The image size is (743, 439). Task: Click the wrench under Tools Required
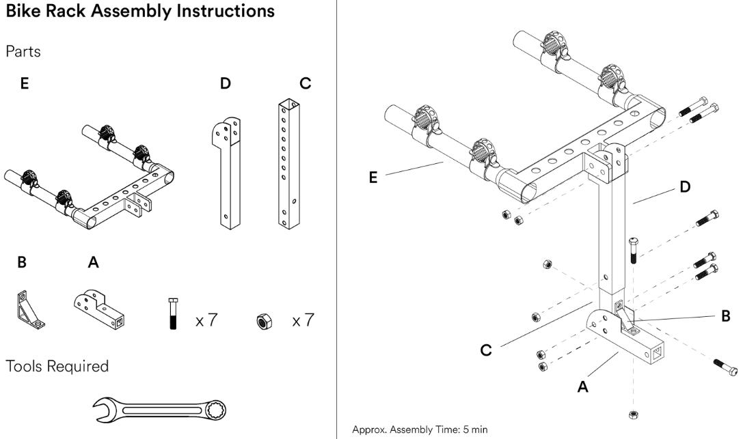(159, 410)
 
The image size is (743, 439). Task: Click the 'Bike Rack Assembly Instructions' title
(140, 12)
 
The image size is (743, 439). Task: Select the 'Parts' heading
(23, 52)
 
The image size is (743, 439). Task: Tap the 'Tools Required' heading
(57, 366)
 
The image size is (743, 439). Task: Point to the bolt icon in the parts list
(173, 314)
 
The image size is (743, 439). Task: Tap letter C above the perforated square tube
(305, 83)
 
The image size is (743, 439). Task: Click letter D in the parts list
(226, 83)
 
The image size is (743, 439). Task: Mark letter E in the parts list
(25, 83)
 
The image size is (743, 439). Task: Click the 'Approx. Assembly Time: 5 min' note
(420, 430)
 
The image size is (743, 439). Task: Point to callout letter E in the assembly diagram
(372, 177)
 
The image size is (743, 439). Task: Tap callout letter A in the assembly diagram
(583, 386)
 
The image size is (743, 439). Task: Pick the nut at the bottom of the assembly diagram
(634, 414)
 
